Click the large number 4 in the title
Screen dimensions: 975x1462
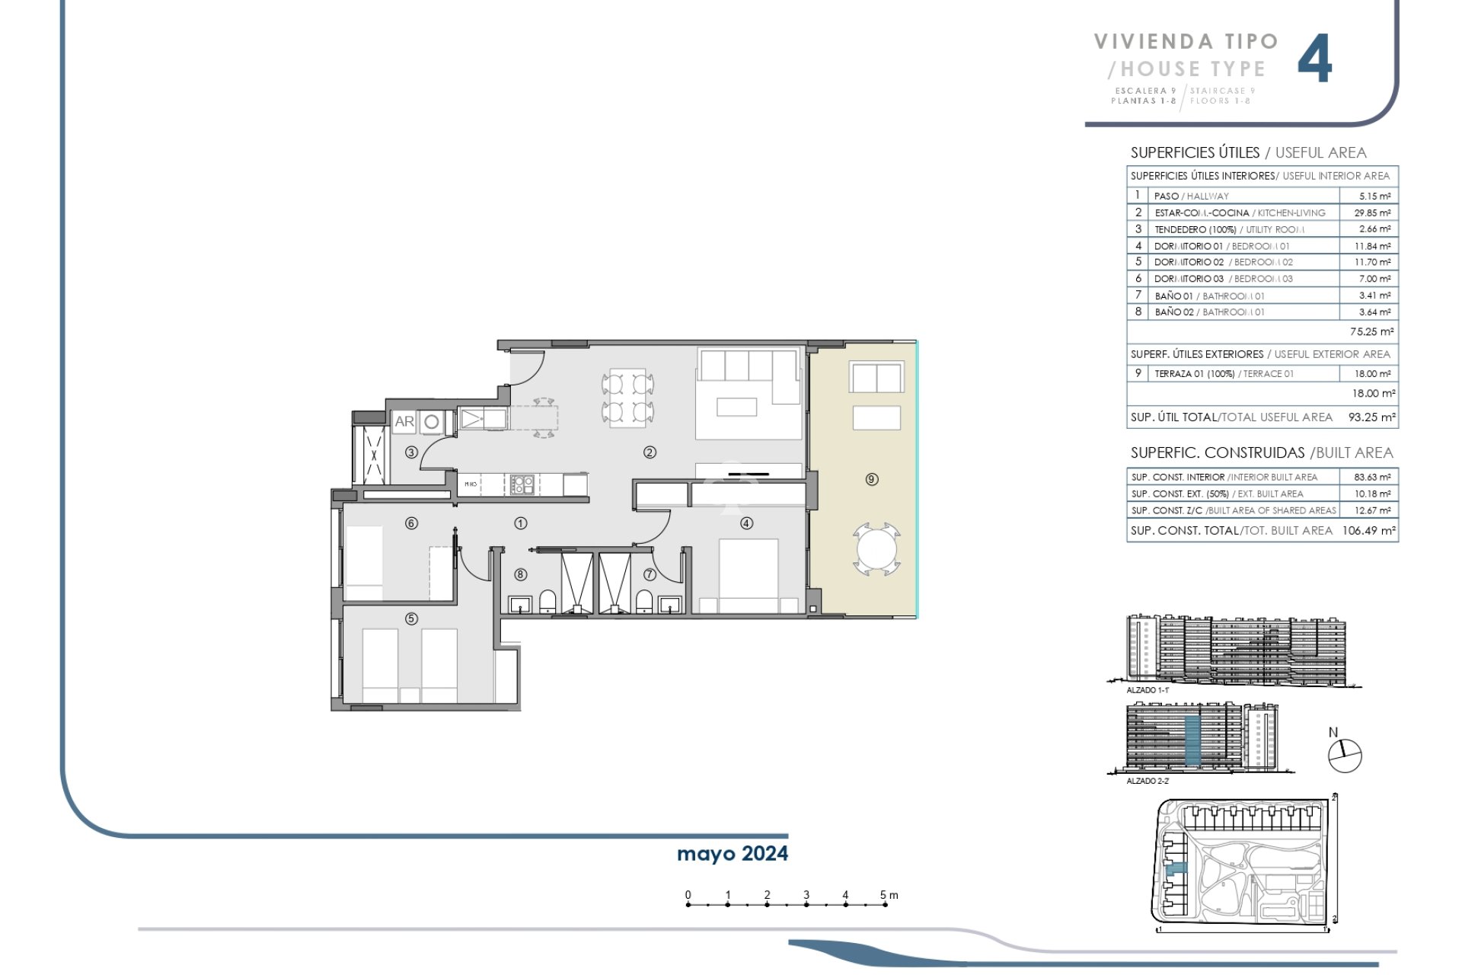click(1314, 59)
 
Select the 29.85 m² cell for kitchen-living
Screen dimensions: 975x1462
click(1374, 213)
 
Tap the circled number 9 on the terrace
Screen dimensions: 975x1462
click(872, 479)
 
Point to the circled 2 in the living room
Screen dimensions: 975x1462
click(650, 452)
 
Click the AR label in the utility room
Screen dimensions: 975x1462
click(404, 421)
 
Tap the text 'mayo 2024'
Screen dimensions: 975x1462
click(732, 854)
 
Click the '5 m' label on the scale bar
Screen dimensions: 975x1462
click(889, 895)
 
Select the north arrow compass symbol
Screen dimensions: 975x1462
click(1344, 756)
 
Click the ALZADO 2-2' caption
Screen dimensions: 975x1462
click(1147, 781)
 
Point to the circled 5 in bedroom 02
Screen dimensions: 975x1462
click(411, 619)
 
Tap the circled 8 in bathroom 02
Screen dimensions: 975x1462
click(521, 575)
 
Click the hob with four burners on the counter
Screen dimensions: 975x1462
click(522, 484)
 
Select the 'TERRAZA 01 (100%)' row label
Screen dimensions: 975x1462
click(1194, 374)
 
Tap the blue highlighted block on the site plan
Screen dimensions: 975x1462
click(1176, 868)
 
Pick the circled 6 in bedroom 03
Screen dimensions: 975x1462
click(411, 523)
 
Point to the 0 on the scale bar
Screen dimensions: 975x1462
click(688, 895)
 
